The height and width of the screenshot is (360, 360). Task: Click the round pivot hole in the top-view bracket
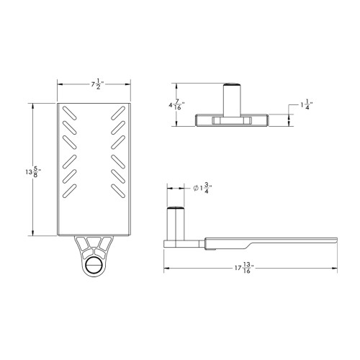click(94, 265)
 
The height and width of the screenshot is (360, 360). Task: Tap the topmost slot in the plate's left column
click(68, 112)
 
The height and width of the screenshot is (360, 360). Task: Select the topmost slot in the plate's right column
click(118, 112)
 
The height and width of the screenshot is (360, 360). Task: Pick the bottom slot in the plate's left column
click(68, 190)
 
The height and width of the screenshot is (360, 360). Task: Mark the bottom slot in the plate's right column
click(118, 190)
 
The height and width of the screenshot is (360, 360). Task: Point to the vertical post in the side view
click(176, 222)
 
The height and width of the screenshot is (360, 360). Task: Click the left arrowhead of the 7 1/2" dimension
click(59, 84)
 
